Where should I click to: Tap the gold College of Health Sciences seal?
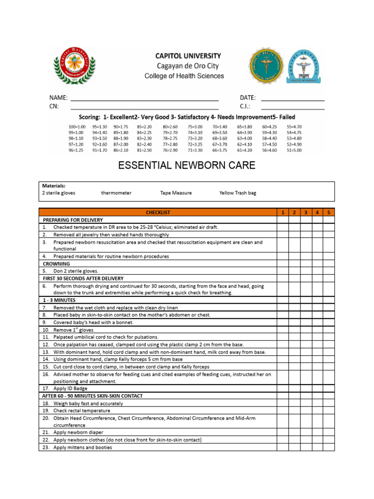[266, 66]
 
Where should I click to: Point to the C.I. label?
[245, 107]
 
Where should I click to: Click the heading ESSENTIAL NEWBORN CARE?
[187, 166]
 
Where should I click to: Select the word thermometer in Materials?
[116, 193]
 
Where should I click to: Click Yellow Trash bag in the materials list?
[238, 193]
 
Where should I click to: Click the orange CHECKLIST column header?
[158, 212]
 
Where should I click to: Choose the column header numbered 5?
[329, 212]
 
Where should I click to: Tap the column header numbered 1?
[282, 212]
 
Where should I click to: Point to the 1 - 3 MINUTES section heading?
[59, 300]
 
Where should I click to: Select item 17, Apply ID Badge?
[71, 389]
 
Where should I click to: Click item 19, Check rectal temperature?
[82, 411]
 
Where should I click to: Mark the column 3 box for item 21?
[305, 432]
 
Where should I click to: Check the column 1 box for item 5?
[282, 271]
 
